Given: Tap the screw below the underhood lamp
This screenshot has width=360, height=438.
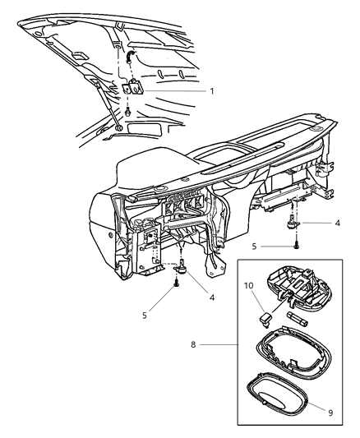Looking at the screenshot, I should pos(128,111).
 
